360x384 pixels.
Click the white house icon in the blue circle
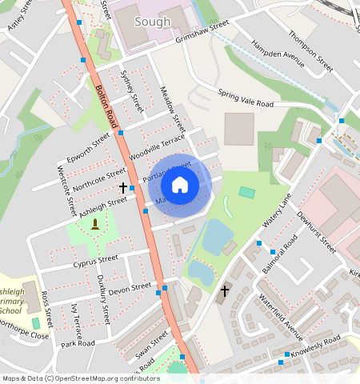[x=180, y=185]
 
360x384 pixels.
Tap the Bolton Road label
[x=107, y=108]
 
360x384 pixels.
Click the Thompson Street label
[x=311, y=48]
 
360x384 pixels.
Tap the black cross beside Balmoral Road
[x=225, y=291]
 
